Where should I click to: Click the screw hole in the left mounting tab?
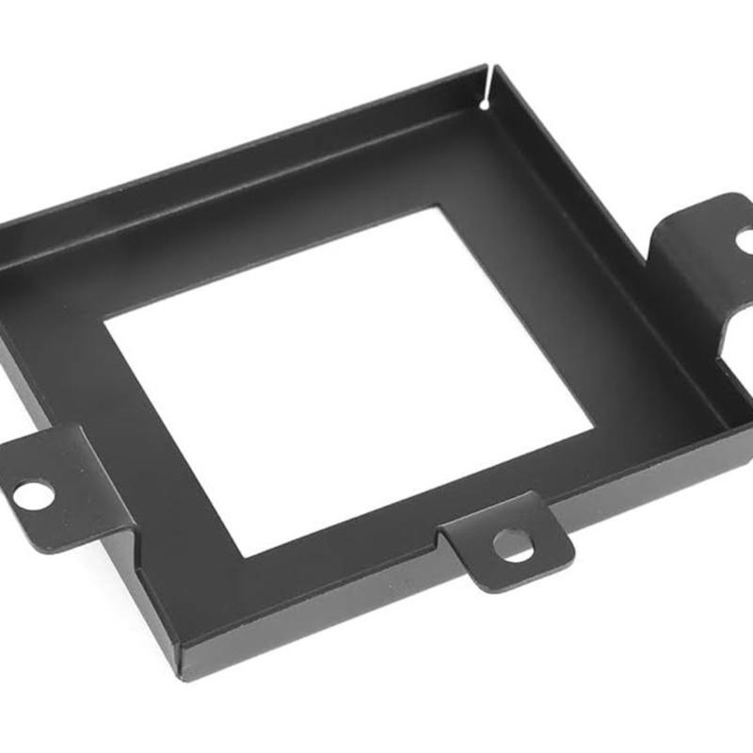(33, 493)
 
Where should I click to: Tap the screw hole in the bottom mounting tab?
(514, 545)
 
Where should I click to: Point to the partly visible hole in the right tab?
(745, 240)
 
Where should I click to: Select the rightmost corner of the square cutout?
(592, 434)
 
